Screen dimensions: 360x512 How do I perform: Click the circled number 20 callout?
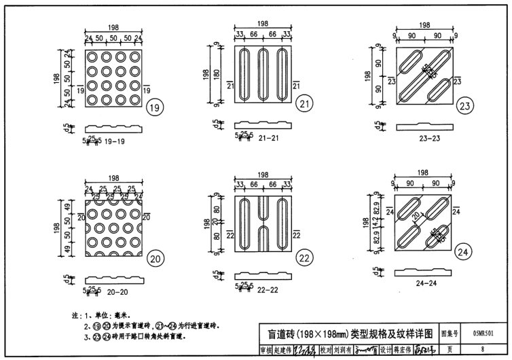point(156,258)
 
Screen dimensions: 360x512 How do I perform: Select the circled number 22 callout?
point(304,257)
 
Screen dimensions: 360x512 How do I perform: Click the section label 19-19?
point(111,142)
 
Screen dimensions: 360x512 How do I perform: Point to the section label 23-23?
point(423,139)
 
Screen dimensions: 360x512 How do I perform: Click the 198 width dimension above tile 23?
point(425,25)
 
